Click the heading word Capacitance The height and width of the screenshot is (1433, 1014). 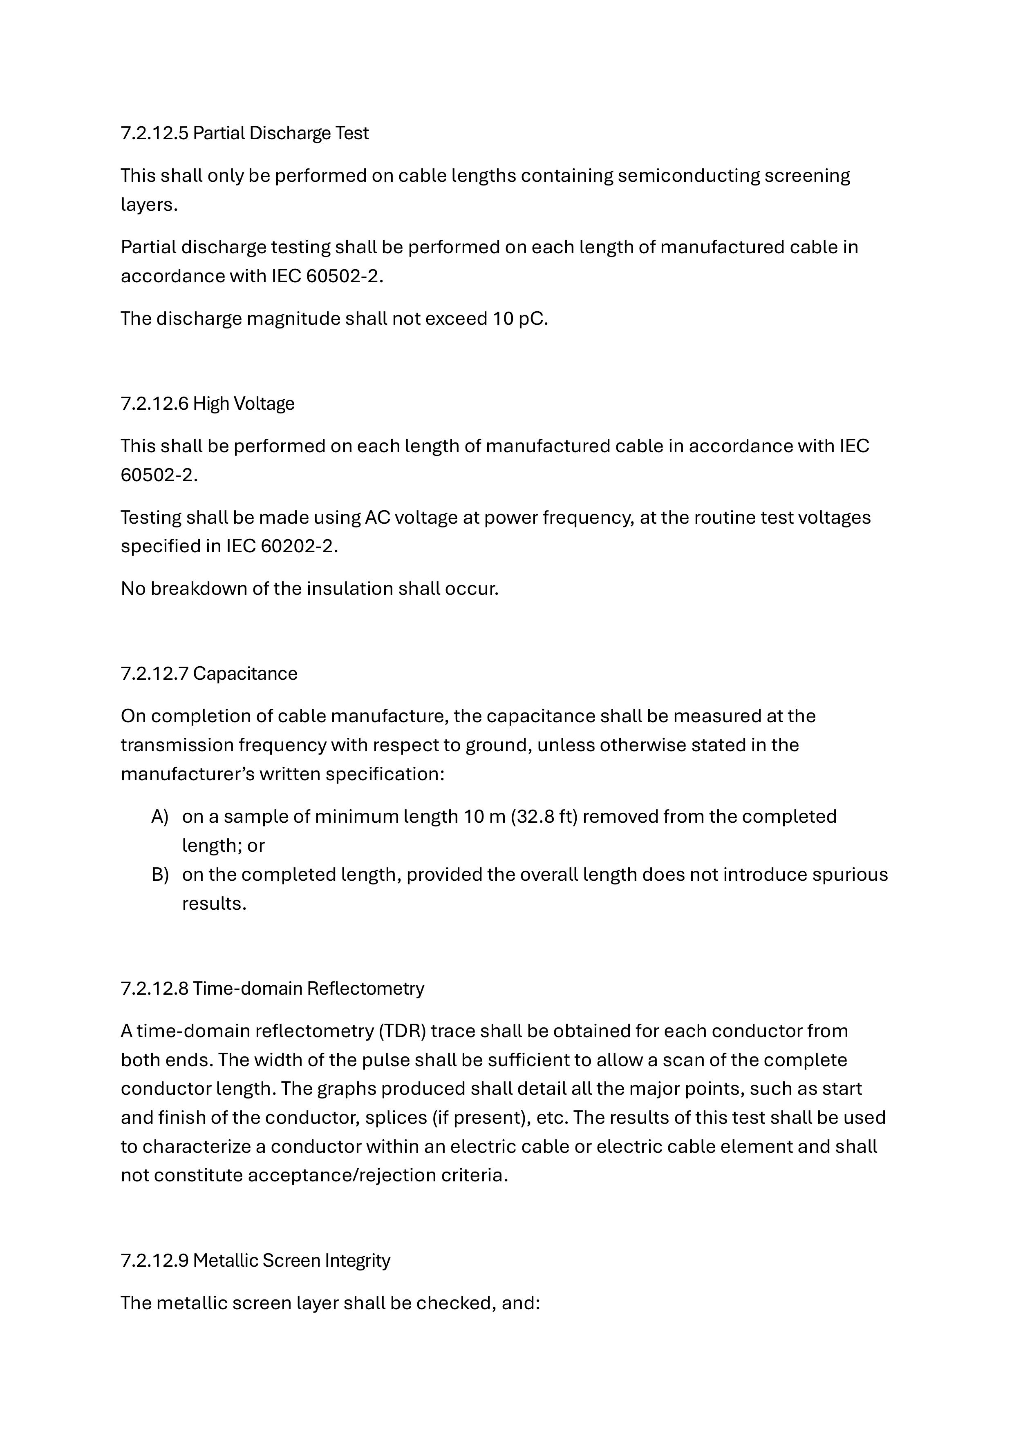(x=245, y=674)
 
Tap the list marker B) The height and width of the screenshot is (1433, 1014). (x=160, y=875)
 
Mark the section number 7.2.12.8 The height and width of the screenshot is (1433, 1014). (x=154, y=988)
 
